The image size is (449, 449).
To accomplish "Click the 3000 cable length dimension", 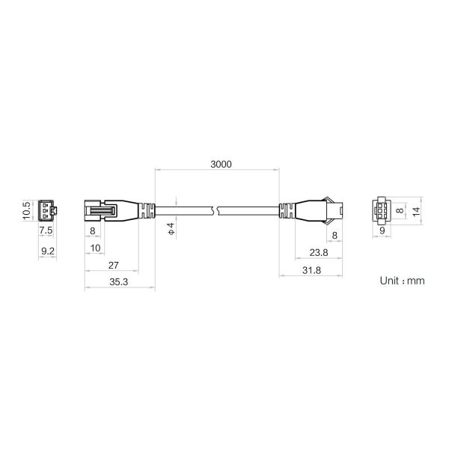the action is (221, 164).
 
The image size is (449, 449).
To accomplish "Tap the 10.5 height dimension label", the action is (27, 211).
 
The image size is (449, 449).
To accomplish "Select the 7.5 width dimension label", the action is (46, 230).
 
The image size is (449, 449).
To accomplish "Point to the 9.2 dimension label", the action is (48, 251).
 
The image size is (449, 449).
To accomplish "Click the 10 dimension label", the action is (95, 248).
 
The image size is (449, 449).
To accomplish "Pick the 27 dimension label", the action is (114, 266).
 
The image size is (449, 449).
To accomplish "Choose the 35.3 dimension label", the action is (118, 282).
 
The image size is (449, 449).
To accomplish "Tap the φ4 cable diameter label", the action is (171, 228).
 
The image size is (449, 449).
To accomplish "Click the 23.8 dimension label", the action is (319, 253).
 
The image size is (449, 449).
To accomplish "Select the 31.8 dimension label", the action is (311, 270).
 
